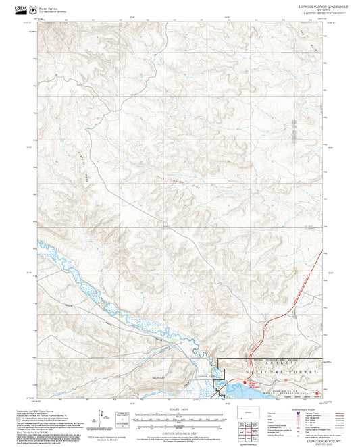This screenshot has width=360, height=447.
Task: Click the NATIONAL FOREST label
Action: click(277, 373)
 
